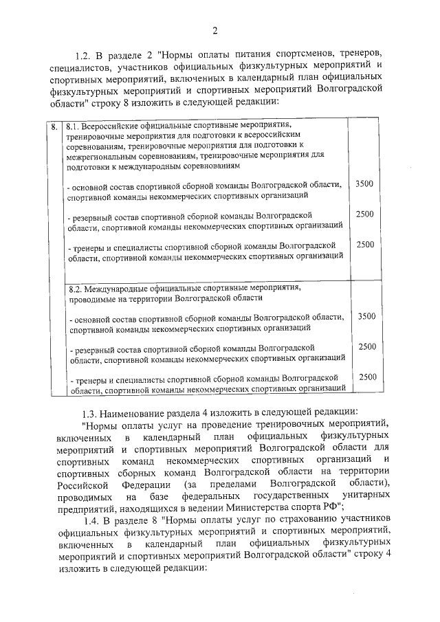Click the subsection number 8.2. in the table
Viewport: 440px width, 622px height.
tap(76, 289)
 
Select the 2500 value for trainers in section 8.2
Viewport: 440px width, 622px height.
tap(367, 377)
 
